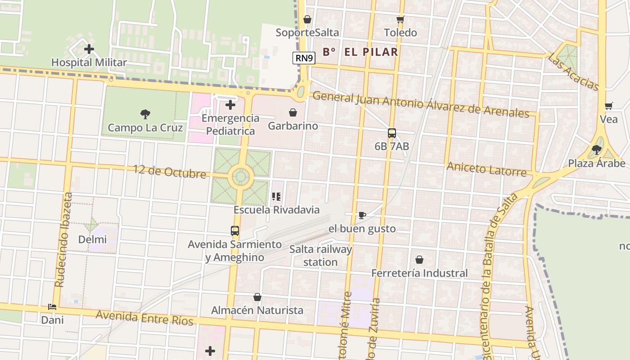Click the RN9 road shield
tap(305, 58)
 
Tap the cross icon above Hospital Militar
tap(89, 49)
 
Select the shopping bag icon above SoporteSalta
tap(307, 19)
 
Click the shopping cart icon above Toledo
tap(400, 19)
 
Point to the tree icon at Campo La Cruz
tap(145, 114)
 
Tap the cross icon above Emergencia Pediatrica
tap(230, 105)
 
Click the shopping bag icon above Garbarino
tap(293, 112)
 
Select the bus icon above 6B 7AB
tap(392, 133)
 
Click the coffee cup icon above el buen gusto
tap(362, 216)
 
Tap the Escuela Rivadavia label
tap(276, 210)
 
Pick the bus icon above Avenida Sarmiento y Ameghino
tap(235, 231)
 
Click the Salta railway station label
tap(320, 256)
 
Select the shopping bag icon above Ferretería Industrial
tap(419, 260)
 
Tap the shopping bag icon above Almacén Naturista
tap(257, 297)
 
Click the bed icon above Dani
tap(52, 307)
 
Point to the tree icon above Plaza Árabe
tap(597, 150)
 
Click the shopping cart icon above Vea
tap(609, 106)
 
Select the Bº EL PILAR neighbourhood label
tap(360, 52)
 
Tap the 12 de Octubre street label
tap(169, 171)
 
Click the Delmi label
tap(92, 239)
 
